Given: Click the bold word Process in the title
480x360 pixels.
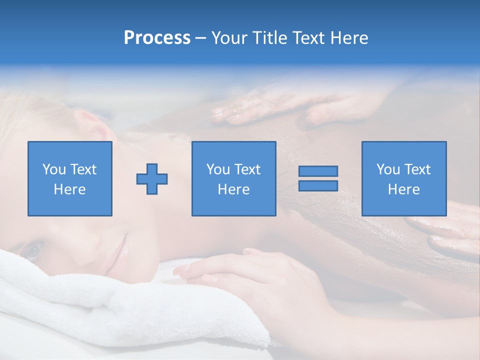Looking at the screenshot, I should [x=157, y=38].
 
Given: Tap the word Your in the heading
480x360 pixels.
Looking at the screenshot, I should [x=230, y=38].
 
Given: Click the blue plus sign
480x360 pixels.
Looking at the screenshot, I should [x=152, y=179].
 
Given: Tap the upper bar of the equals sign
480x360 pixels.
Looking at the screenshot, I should [x=318, y=171].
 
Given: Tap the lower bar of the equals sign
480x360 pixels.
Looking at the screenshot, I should [x=318, y=185].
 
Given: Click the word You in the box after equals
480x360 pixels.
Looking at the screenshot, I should [x=388, y=169].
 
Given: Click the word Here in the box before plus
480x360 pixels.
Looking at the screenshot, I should [x=69, y=189].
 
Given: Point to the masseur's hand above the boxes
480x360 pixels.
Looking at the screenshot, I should [x=280, y=105].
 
